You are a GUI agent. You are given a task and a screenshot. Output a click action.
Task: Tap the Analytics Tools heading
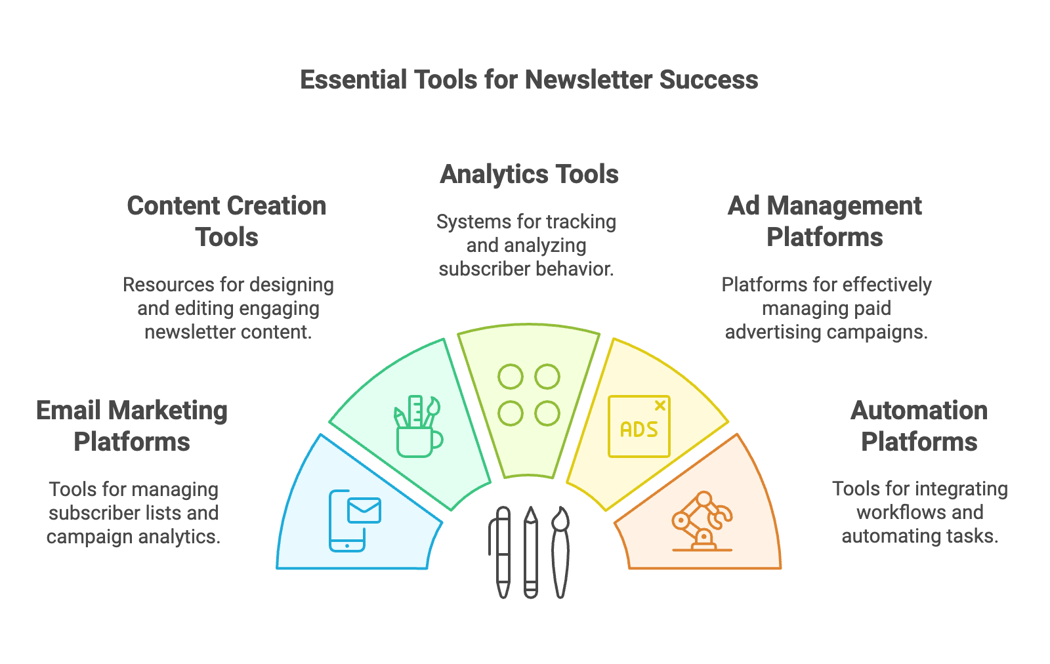tap(529, 175)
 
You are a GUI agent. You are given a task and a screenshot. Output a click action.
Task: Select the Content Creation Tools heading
tap(227, 221)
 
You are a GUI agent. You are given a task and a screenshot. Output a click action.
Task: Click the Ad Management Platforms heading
tap(824, 221)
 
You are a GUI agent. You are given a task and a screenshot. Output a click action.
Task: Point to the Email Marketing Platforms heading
tap(132, 426)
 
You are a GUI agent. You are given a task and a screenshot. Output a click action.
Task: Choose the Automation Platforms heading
tap(919, 426)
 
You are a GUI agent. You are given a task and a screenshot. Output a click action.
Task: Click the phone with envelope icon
tap(355, 520)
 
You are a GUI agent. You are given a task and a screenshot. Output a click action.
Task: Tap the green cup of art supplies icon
tap(418, 426)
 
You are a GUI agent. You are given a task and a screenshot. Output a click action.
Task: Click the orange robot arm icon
tap(702, 521)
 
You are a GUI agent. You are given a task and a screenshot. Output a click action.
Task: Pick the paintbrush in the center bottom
tap(560, 552)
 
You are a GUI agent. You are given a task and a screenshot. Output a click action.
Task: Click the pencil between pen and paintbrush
tap(531, 552)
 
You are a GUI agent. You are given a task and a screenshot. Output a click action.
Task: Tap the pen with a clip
tap(501, 552)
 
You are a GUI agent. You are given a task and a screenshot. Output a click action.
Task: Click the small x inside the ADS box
tap(660, 405)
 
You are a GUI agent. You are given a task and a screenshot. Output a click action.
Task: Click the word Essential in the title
tap(352, 79)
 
